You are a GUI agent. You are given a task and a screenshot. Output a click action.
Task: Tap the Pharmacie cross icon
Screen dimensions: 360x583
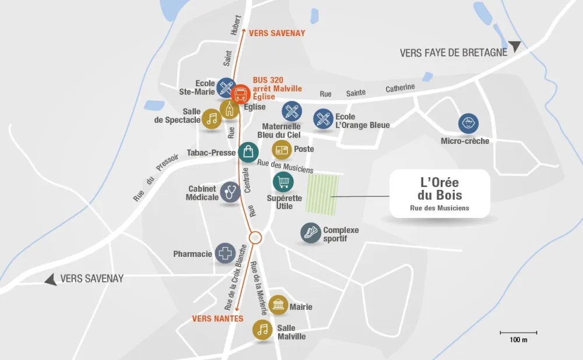pyautogui.click(x=225, y=254)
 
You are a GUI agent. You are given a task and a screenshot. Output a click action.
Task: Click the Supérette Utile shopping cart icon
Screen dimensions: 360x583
pyautogui.click(x=283, y=182)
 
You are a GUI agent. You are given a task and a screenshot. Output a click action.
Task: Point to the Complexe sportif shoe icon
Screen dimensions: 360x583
pyautogui.click(x=311, y=233)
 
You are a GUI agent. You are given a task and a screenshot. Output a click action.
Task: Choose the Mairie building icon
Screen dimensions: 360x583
pyautogui.click(x=278, y=305)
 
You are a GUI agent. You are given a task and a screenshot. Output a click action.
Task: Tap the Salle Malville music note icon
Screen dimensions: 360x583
pyautogui.click(x=262, y=330)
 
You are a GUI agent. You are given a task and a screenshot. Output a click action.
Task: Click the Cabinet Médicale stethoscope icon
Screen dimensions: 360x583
pyautogui.click(x=230, y=192)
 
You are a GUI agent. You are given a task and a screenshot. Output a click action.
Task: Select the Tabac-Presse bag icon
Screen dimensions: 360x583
pyautogui.click(x=248, y=153)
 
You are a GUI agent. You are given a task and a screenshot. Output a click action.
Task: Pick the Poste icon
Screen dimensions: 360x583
pyautogui.click(x=282, y=150)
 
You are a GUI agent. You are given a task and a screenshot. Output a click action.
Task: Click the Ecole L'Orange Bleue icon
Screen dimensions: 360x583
pyautogui.click(x=323, y=119)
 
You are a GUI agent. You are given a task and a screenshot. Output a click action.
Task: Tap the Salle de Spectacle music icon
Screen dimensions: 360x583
pyautogui.click(x=212, y=119)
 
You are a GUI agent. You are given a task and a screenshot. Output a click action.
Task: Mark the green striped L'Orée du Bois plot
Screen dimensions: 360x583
pyautogui.click(x=322, y=195)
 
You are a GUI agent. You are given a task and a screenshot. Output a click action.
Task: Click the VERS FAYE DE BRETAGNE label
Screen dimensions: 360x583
pyautogui.click(x=453, y=52)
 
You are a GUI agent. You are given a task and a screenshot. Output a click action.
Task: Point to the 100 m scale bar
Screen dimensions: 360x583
pyautogui.click(x=518, y=333)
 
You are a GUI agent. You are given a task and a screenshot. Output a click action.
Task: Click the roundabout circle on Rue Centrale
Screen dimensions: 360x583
pyautogui.click(x=255, y=238)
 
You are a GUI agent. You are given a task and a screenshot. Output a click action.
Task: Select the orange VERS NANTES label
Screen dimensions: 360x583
pyautogui.click(x=217, y=318)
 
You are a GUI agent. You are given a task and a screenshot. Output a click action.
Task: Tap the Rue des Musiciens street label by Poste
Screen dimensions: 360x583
pyautogui.click(x=286, y=167)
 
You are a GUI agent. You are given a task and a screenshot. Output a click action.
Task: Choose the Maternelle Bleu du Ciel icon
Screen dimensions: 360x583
pyautogui.click(x=291, y=111)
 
